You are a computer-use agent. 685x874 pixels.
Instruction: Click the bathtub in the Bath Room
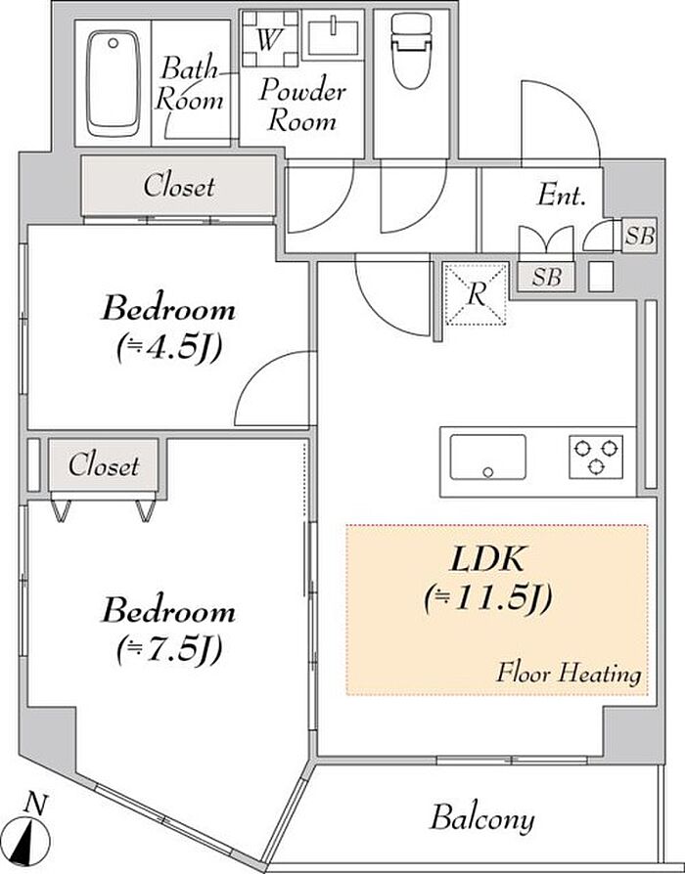point(114,84)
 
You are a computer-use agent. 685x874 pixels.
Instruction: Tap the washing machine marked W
point(270,38)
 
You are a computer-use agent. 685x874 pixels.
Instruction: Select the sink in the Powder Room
point(333,37)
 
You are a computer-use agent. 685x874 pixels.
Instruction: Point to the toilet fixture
point(412,50)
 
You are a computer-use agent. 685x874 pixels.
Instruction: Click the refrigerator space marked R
point(476,293)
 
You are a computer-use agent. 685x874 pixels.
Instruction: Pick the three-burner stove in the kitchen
point(596,457)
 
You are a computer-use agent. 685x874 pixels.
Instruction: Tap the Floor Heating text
point(569,673)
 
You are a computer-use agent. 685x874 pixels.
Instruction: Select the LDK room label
point(487,559)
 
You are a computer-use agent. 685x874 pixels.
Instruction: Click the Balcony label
point(482,819)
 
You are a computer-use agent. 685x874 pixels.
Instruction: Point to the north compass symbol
point(30,833)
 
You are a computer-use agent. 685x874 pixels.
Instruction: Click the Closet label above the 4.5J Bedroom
point(178,186)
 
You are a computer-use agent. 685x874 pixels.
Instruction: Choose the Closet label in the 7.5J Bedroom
point(104,465)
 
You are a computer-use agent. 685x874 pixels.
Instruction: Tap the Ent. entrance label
point(561,196)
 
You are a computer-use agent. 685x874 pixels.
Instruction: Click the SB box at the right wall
point(639,236)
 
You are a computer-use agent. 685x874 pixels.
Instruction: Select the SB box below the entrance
point(546,277)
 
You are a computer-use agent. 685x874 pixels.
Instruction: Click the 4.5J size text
point(169,349)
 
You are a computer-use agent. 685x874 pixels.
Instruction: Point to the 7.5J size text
point(169,649)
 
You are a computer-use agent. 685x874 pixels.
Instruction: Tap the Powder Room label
point(301,105)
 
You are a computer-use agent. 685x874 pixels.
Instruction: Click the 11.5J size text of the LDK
point(488,598)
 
